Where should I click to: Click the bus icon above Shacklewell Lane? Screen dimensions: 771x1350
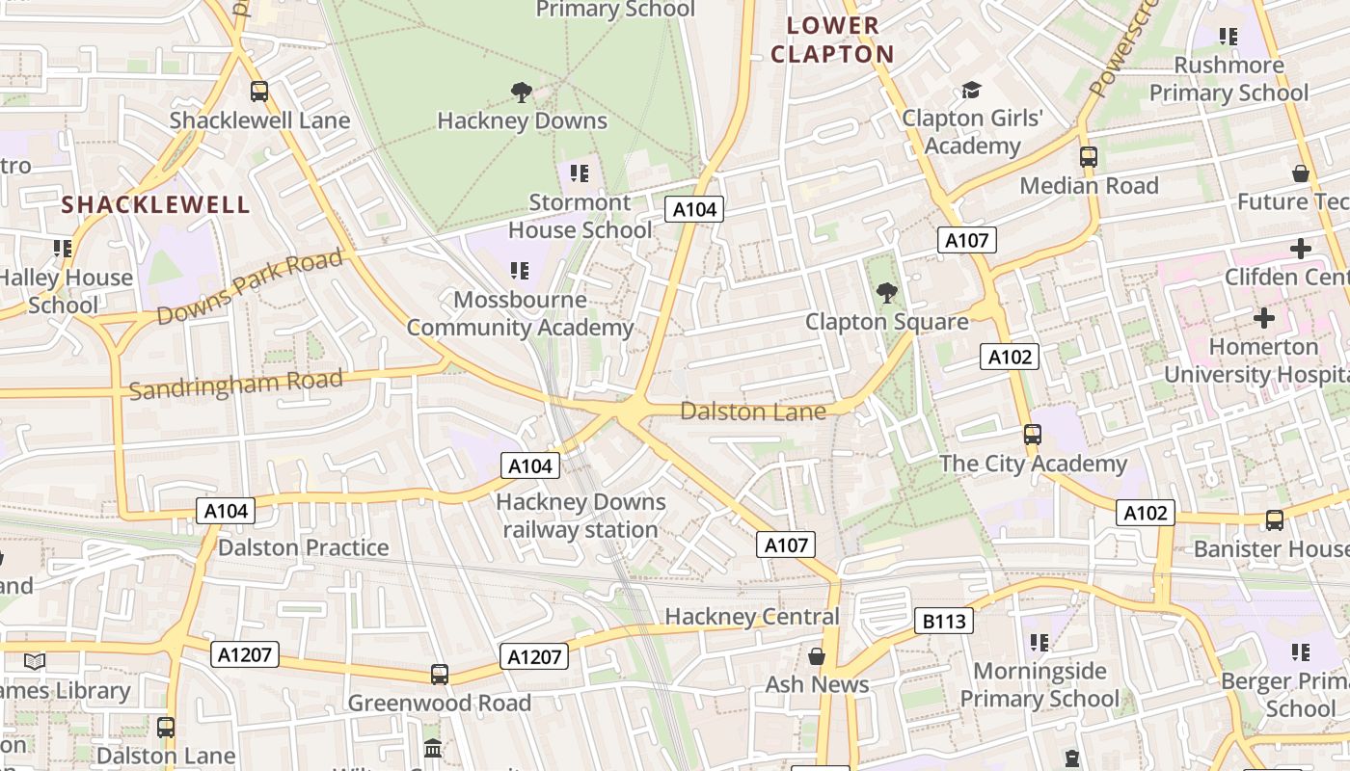(258, 92)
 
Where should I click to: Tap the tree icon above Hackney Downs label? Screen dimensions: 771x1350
(521, 93)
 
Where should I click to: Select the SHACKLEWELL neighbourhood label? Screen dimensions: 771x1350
(156, 204)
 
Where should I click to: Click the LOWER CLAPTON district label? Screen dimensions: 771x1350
(832, 40)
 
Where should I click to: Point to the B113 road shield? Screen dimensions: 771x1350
(943, 622)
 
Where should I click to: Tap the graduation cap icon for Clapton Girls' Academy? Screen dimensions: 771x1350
(971, 90)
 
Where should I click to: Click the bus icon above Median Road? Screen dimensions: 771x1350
(1089, 156)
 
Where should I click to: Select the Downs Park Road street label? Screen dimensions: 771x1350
(250, 287)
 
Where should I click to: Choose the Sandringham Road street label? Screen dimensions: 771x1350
(236, 383)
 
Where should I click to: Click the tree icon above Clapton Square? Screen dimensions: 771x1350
(885, 292)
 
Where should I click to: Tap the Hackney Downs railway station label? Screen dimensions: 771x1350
(580, 516)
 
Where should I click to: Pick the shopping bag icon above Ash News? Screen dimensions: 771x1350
(817, 656)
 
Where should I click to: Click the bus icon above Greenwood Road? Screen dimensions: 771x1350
(440, 675)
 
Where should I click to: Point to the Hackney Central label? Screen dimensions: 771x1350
(752, 617)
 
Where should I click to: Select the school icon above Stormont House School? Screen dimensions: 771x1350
(579, 173)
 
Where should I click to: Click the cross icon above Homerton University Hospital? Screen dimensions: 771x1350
(1263, 317)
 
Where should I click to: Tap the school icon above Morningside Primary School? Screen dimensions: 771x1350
(1039, 642)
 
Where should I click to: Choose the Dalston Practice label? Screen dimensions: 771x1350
(303, 547)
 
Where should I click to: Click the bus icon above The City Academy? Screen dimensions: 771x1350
(1033, 435)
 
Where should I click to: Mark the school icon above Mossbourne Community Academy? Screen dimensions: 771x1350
(520, 271)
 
